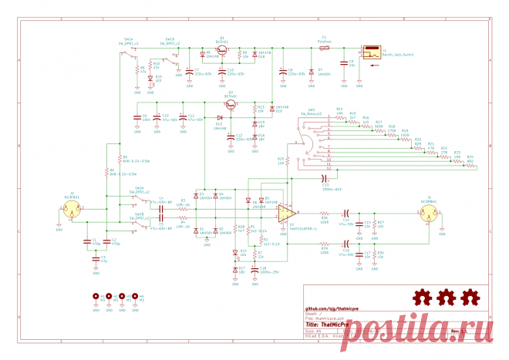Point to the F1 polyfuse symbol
tap(324, 46)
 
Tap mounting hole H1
tap(96, 296)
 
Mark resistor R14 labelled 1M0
tap(339, 115)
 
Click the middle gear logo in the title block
tap(446, 297)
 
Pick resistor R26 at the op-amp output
tap(325, 215)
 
